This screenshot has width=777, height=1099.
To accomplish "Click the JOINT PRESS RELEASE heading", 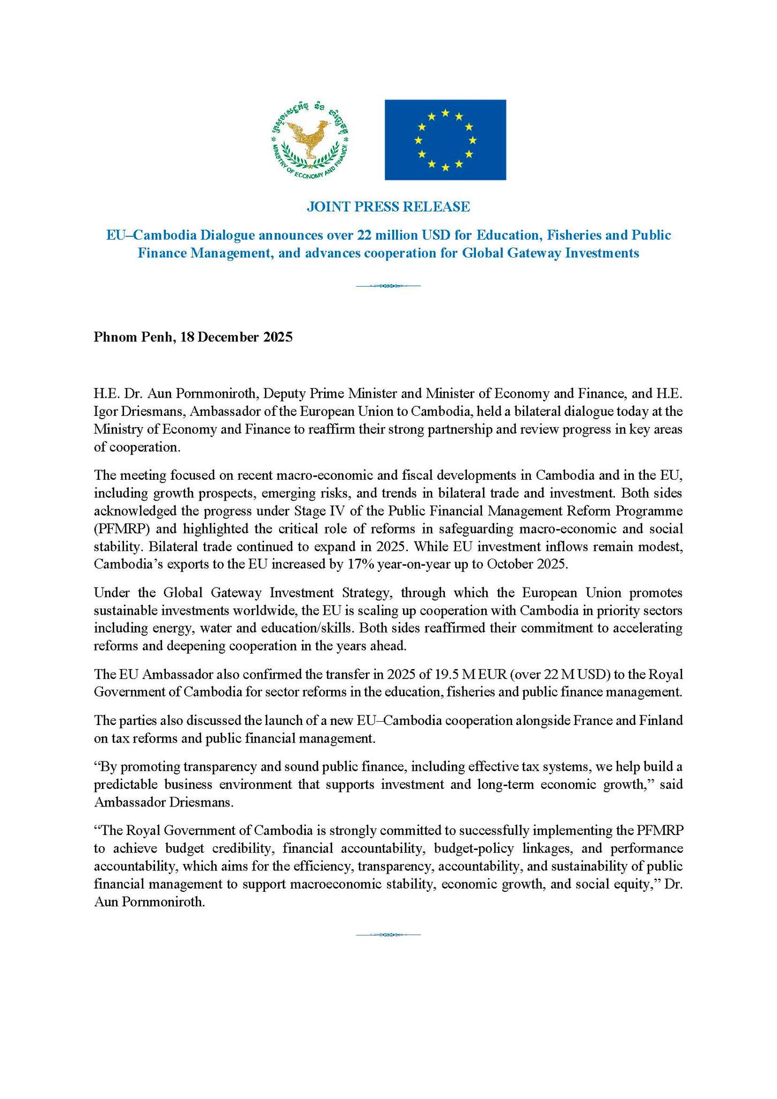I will [388, 207].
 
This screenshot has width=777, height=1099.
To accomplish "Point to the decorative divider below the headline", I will [388, 286].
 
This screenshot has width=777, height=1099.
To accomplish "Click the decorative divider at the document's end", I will [388, 934].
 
